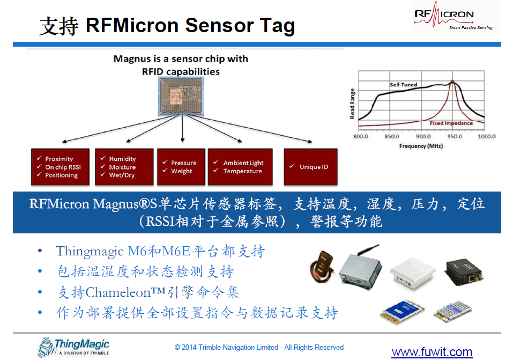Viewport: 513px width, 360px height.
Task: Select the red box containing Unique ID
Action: (x=310, y=167)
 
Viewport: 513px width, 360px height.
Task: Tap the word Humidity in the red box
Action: (x=122, y=159)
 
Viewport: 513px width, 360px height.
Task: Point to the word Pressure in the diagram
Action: (x=183, y=163)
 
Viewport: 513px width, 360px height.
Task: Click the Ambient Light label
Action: (x=243, y=163)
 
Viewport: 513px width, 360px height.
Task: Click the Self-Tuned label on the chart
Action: (x=403, y=85)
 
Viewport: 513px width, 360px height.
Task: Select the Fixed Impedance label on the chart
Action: (x=451, y=123)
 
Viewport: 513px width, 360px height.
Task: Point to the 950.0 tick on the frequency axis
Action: (x=455, y=136)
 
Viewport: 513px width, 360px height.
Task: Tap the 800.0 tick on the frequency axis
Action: (x=360, y=136)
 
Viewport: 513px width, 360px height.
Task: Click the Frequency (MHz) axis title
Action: (x=421, y=146)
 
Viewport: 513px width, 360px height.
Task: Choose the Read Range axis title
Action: (x=352, y=104)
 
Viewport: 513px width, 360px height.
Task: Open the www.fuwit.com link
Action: (x=432, y=352)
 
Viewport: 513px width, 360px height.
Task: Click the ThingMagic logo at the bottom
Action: (x=73, y=346)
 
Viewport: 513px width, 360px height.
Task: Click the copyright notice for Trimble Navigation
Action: (x=259, y=347)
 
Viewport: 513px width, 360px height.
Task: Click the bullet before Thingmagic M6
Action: (x=40, y=252)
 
